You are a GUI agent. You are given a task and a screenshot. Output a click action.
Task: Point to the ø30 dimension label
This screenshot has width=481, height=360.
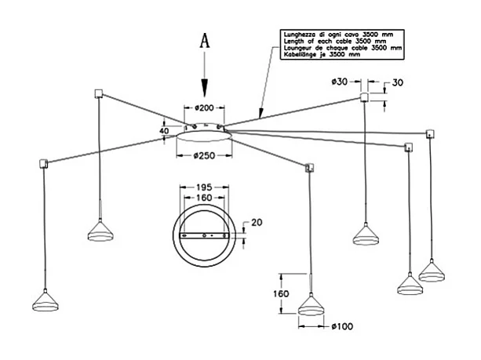339,82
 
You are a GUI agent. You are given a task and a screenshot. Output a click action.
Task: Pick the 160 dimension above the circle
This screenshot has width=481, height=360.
202,198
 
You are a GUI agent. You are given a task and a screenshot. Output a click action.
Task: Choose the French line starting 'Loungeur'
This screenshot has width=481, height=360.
341,48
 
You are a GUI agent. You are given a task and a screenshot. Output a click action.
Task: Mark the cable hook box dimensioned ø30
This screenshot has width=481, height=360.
364,96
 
